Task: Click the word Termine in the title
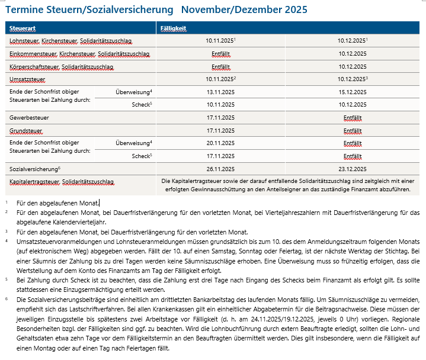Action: point(24,11)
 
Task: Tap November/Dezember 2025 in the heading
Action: point(244,11)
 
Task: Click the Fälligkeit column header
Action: point(174,28)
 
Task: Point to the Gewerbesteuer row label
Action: point(29,118)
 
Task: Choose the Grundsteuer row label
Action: point(26,130)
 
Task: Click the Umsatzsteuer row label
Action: point(27,79)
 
